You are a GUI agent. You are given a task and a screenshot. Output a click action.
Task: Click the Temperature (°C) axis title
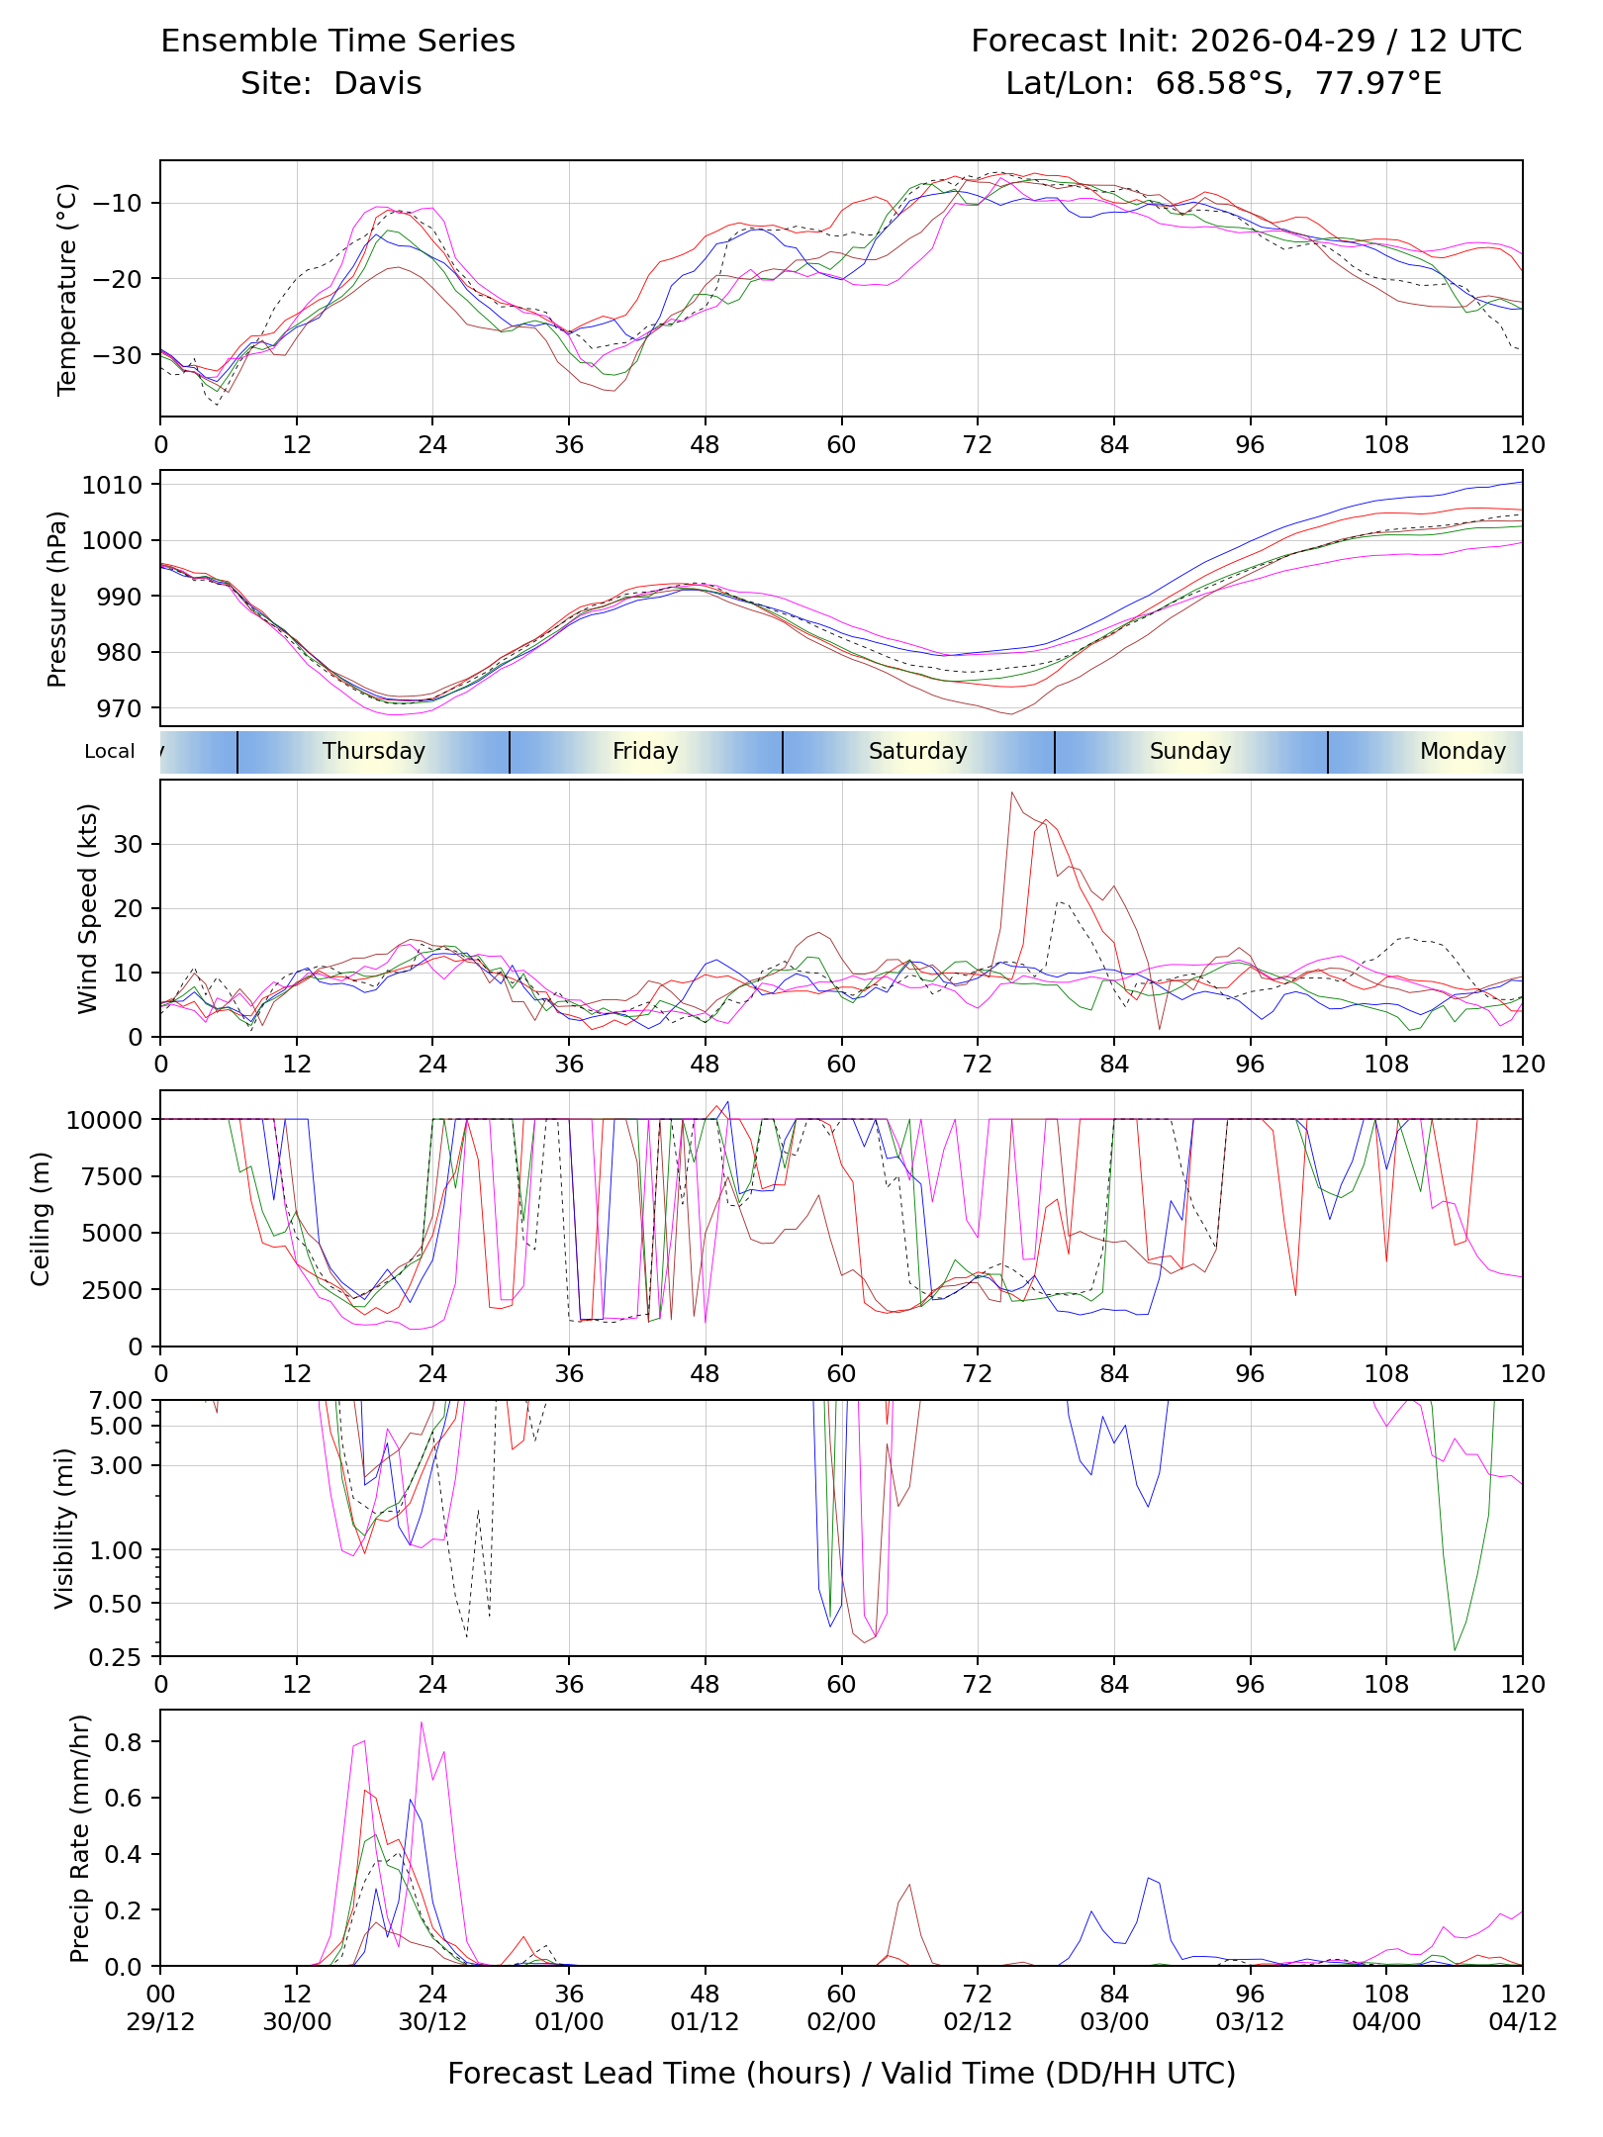tap(67, 289)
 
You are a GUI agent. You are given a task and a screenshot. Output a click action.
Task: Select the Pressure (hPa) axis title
tap(57, 599)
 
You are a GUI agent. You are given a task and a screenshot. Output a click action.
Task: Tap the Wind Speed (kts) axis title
tap(88, 908)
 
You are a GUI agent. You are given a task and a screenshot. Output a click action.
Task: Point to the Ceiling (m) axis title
tap(41, 1218)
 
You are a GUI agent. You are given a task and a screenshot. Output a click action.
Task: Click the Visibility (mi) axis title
tap(64, 1529)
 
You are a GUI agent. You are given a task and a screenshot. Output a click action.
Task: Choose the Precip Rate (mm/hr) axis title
tap(80, 1838)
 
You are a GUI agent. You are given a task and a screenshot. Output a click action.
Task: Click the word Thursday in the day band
tap(374, 751)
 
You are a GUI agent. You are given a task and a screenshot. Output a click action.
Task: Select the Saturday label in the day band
tap(918, 751)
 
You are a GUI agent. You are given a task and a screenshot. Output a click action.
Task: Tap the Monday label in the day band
tap(1462, 751)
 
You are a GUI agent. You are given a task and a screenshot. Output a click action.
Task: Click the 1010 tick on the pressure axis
tap(112, 485)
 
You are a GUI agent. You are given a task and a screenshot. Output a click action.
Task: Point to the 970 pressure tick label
tap(119, 708)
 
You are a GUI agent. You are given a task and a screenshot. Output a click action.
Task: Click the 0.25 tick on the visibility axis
tap(116, 1657)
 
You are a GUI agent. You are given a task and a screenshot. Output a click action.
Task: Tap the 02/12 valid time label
tap(978, 2022)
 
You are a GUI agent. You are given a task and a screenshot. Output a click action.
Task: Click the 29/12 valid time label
tap(160, 2022)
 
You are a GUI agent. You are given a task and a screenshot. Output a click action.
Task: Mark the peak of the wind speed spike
tap(1011, 791)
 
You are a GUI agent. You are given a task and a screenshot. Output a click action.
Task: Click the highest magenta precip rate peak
tap(422, 1722)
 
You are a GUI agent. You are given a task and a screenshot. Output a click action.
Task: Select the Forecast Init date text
tap(1282, 41)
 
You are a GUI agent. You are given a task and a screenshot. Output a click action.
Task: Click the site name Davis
tap(378, 83)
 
